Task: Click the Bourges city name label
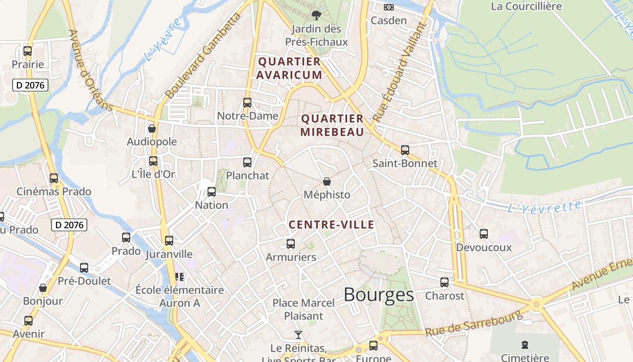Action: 378,295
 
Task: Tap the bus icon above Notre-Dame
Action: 247,103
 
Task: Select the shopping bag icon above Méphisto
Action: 326,182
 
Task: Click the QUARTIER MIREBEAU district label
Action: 332,125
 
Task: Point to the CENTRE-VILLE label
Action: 331,225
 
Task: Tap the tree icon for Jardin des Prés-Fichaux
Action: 316,15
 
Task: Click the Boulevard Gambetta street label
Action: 204,56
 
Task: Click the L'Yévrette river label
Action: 544,207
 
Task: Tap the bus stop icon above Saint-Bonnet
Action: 405,150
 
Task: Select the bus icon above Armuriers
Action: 291,244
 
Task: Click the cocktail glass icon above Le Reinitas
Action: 298,335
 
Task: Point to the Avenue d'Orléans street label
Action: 90,70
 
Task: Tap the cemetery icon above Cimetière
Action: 524,345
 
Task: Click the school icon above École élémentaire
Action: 180,276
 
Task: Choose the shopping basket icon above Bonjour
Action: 43,288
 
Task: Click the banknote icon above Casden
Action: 388,7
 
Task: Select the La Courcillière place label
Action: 526,6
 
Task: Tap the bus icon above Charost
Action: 444,282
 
